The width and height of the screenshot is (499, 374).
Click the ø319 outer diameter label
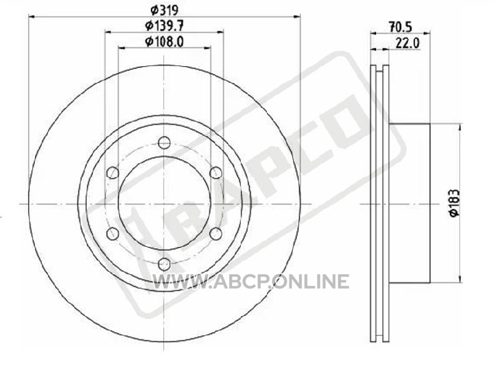(164, 10)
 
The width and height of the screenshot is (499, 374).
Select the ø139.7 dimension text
(165, 26)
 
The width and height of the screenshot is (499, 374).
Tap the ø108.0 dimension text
(165, 42)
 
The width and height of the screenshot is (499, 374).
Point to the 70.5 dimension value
(400, 27)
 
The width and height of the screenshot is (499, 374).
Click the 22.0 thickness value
(407, 43)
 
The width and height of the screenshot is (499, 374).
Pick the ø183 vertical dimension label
(455, 204)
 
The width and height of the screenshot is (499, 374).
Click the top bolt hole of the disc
(164, 143)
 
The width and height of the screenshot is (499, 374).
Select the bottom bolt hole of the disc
(164, 264)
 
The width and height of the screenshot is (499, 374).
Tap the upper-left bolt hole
(112, 173)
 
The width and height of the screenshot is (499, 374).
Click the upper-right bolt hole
(216, 173)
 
